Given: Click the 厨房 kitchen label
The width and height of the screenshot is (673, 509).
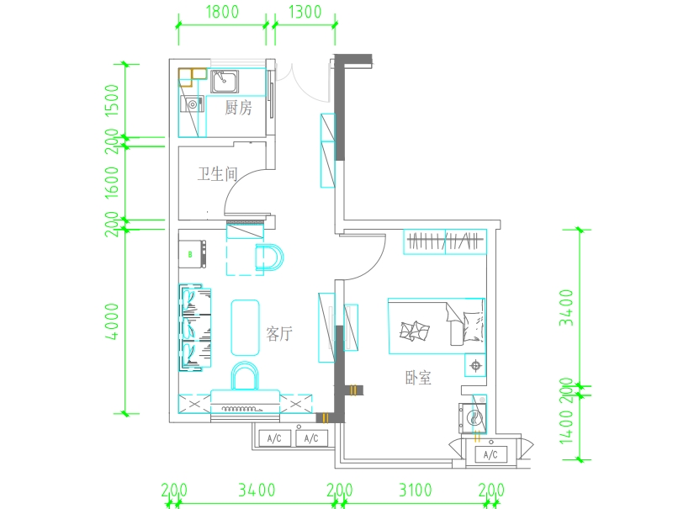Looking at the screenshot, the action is tap(238, 108).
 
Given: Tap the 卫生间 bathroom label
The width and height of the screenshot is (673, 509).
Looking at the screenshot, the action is tap(217, 174).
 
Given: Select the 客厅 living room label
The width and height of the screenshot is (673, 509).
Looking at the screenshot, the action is tap(279, 333).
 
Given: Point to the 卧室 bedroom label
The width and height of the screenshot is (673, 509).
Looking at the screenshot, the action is tap(418, 378).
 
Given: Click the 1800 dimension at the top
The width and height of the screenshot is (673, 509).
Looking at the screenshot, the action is tap(222, 12).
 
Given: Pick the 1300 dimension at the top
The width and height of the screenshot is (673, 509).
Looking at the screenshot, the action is tap(305, 12).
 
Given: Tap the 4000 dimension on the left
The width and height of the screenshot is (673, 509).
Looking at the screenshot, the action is tap(112, 321).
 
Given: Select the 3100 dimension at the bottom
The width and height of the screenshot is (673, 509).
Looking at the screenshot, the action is tap(416, 490).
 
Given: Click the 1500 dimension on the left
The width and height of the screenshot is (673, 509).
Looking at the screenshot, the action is tap(112, 100).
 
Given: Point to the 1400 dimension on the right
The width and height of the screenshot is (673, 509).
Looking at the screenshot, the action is tap(566, 427).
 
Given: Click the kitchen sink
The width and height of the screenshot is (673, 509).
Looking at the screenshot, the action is tap(225, 82).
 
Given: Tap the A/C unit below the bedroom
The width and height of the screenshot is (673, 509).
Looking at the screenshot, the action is tap(490, 454).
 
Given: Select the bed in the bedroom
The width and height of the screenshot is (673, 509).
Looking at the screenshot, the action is tap(437, 326).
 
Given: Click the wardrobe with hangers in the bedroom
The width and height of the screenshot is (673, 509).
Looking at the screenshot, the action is tap(445, 241).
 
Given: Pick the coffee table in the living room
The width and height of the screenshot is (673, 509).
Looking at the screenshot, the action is tap(245, 328).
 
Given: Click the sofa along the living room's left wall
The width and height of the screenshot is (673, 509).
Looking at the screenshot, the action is tap(195, 327).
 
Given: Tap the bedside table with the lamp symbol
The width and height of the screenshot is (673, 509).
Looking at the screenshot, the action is tap(475, 365).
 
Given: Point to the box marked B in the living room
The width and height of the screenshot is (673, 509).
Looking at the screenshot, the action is tap(192, 254).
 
